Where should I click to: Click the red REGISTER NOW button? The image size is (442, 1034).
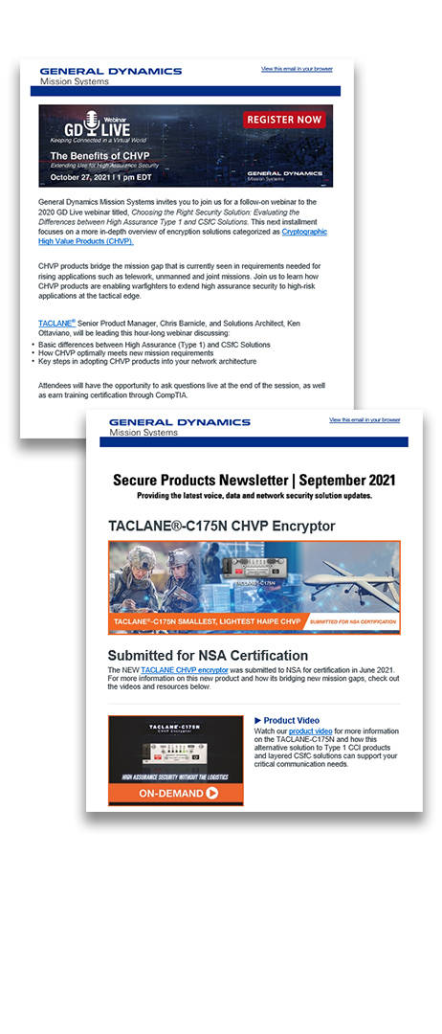click(284, 120)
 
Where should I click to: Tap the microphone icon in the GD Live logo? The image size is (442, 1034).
click(93, 121)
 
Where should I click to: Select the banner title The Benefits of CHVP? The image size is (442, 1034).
click(99, 155)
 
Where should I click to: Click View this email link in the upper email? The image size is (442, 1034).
click(297, 70)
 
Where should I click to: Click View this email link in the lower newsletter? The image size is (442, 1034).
click(365, 420)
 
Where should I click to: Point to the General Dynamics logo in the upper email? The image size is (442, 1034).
click(110, 76)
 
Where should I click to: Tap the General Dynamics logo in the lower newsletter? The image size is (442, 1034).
click(179, 426)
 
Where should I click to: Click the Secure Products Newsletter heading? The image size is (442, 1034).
click(254, 480)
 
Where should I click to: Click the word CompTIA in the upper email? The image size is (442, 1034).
click(169, 395)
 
